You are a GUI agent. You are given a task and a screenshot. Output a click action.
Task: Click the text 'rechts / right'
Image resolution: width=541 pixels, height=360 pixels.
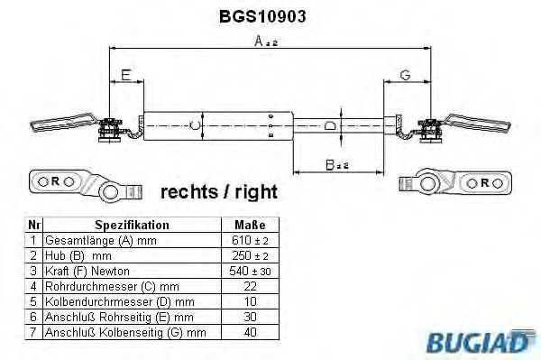[218, 192]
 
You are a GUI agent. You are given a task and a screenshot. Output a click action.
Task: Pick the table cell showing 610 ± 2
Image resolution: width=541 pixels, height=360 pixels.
[250, 240]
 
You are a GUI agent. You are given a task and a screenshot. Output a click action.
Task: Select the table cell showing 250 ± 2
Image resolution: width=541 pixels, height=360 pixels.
[250, 255]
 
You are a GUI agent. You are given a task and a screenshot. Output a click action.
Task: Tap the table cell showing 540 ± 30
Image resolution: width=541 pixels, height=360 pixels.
[250, 271]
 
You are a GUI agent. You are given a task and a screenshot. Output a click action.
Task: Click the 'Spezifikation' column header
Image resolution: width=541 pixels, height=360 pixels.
[132, 225]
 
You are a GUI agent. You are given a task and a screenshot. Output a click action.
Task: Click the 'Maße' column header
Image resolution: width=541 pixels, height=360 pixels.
[250, 225]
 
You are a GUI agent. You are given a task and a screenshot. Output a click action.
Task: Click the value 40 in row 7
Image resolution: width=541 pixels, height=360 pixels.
[250, 333]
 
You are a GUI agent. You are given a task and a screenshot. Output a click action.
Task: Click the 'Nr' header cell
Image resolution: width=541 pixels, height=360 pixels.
[33, 225]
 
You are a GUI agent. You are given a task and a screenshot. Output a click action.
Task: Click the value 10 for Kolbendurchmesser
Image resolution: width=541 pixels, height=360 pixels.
[250, 301]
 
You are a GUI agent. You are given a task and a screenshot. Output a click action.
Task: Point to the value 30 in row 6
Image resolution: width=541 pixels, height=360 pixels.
[250, 318]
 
